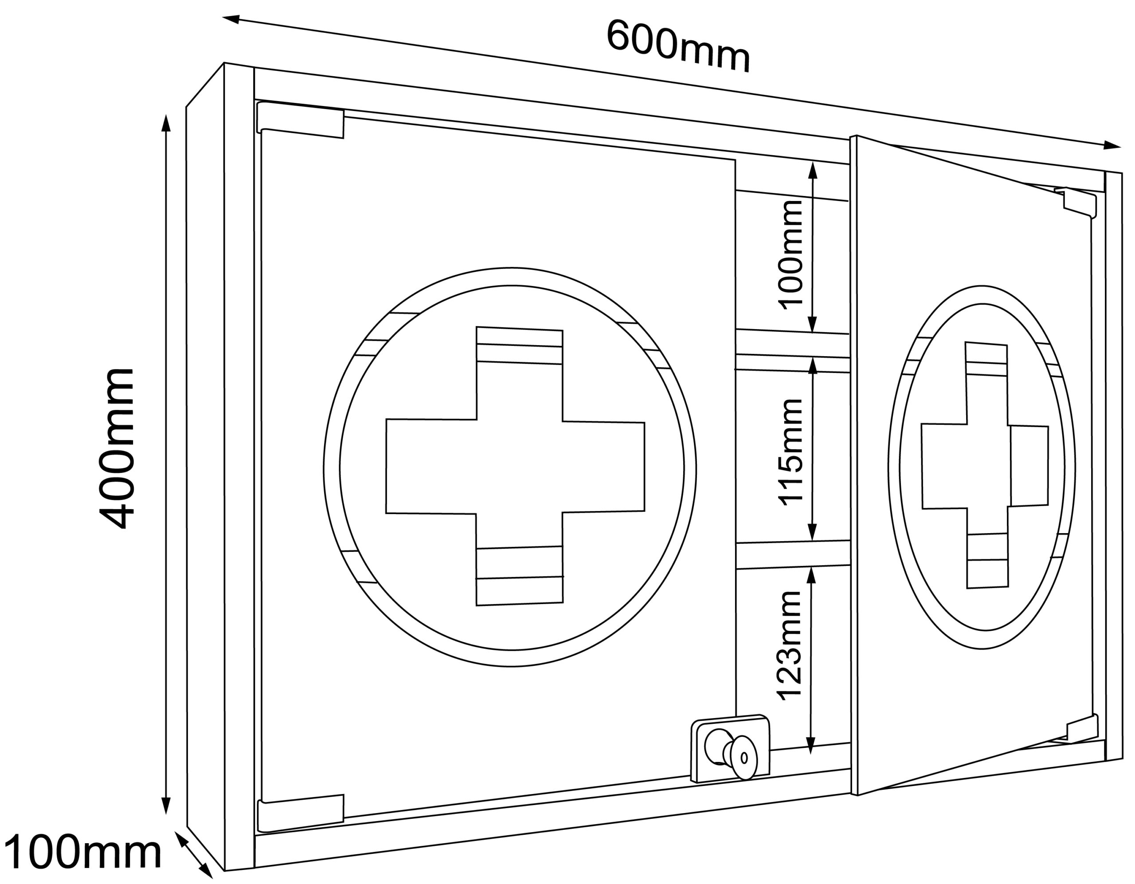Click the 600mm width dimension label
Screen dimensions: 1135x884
pyautogui.click(x=679, y=46)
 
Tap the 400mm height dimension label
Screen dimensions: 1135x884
pyautogui.click(x=117, y=449)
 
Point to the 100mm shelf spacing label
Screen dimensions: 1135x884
pyautogui.click(x=791, y=254)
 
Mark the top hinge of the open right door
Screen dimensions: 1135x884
pyautogui.click(x=1077, y=201)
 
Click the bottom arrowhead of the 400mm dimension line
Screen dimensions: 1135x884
pyautogui.click(x=166, y=805)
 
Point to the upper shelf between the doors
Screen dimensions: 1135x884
pyautogui.click(x=793, y=344)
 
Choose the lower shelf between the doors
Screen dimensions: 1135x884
pyautogui.click(x=793, y=555)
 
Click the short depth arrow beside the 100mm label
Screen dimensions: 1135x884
pyautogui.click(x=193, y=856)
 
